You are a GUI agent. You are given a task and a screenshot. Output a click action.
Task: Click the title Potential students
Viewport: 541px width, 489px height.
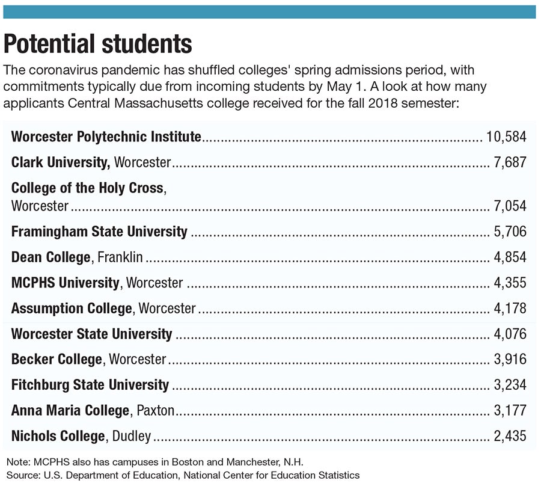pyautogui.click(x=98, y=44)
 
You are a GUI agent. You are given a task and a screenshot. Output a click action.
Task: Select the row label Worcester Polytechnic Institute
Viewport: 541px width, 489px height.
pyautogui.click(x=106, y=137)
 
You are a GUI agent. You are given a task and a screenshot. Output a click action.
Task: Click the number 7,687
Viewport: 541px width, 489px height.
pyautogui.click(x=510, y=162)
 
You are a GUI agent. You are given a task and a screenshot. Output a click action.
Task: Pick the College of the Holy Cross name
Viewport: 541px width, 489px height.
pyautogui.click(x=87, y=188)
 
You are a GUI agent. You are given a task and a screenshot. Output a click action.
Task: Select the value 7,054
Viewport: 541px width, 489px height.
pyautogui.click(x=510, y=206)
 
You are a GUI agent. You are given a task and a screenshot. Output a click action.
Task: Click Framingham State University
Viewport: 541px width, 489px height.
pyautogui.click(x=99, y=232)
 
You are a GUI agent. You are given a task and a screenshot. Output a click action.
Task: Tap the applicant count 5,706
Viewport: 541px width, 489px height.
pyautogui.click(x=510, y=232)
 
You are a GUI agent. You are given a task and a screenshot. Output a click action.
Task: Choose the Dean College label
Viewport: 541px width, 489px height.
pyautogui.click(x=50, y=257)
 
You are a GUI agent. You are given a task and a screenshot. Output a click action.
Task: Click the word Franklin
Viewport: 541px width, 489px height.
pyautogui.click(x=120, y=257)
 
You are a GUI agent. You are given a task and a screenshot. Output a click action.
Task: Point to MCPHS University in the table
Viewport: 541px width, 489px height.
pyautogui.click(x=66, y=283)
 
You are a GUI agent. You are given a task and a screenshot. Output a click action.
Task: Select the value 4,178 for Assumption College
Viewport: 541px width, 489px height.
pyautogui.click(x=510, y=309)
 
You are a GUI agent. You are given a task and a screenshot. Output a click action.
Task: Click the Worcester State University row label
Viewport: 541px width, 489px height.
pyautogui.click(x=91, y=334)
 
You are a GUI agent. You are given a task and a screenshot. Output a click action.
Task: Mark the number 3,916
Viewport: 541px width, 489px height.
pyautogui.click(x=510, y=360)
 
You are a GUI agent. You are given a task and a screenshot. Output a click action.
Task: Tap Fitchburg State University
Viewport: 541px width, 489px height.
pyautogui.click(x=90, y=385)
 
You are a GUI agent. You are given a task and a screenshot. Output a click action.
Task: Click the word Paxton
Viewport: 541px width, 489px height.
pyautogui.click(x=155, y=411)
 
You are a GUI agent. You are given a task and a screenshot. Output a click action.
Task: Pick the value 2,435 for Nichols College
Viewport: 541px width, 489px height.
pyautogui.click(x=510, y=436)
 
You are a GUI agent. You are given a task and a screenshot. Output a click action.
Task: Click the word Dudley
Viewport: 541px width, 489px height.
pyautogui.click(x=132, y=436)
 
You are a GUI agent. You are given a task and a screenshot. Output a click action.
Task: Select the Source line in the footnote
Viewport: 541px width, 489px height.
pyautogui.click(x=183, y=475)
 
